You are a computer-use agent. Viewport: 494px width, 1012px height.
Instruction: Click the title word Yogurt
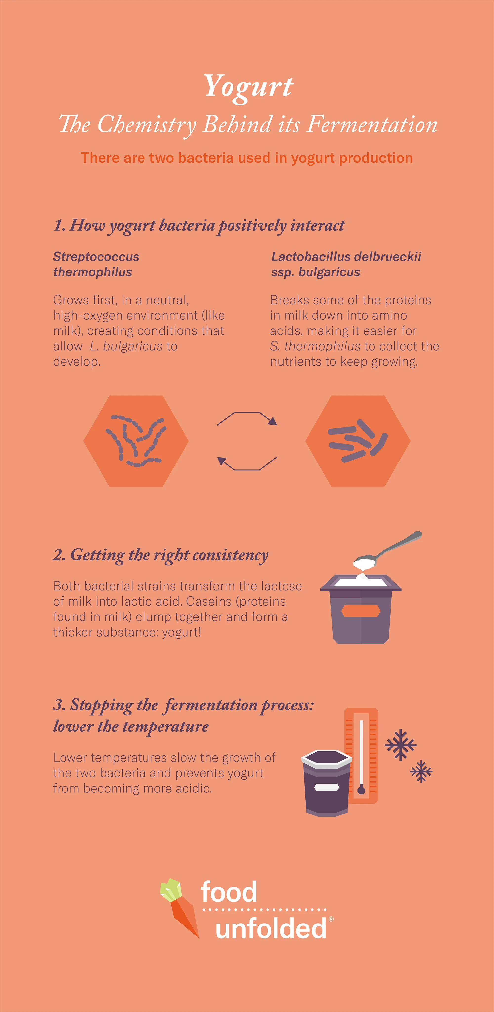tap(248, 87)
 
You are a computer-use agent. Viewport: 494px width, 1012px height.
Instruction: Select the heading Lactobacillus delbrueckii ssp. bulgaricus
tap(346, 264)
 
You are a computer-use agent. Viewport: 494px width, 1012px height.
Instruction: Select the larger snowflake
tap(400, 745)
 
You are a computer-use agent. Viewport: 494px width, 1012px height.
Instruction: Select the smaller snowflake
tap(421, 771)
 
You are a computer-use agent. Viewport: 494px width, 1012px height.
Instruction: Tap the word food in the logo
tap(229, 892)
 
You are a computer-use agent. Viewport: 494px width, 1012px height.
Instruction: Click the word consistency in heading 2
tap(230, 555)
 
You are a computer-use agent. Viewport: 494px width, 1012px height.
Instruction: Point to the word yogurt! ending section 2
tap(181, 632)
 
